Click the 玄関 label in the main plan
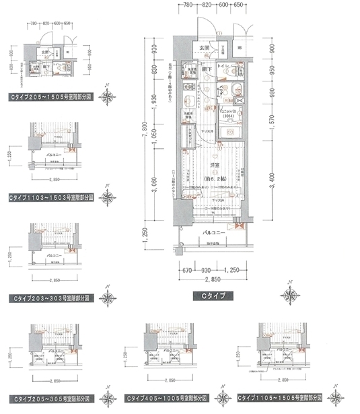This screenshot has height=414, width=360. [x=204, y=48]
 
